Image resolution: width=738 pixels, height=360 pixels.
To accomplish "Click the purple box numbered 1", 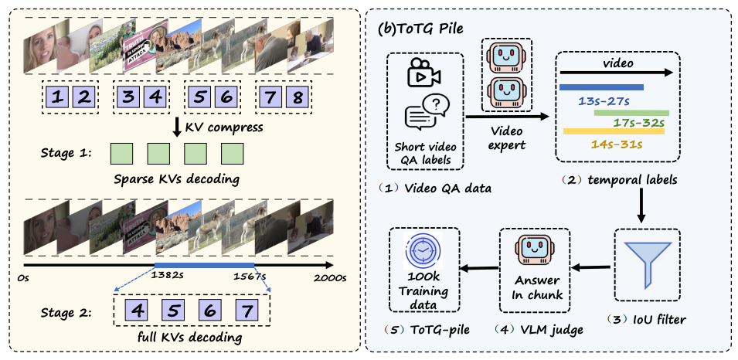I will click(58, 98).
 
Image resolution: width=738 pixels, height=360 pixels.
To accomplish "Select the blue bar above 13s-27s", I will click(601, 87).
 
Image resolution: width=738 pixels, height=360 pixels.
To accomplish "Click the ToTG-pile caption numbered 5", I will click(423, 330).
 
